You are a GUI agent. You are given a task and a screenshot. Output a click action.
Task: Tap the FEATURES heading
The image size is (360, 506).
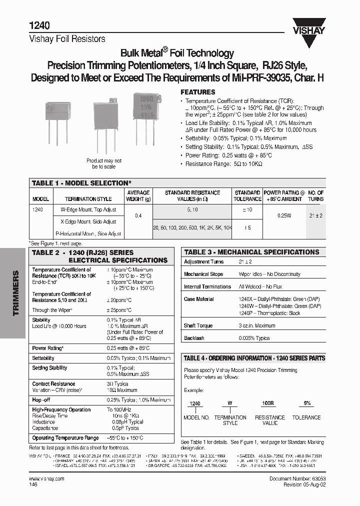coord(197,92)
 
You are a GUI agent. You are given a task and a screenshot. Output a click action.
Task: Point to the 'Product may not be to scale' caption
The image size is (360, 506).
coord(103,163)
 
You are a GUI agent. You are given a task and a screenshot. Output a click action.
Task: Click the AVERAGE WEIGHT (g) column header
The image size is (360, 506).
coord(138,195)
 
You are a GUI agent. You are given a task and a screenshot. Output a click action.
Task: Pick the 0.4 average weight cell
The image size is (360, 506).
coord(138,215)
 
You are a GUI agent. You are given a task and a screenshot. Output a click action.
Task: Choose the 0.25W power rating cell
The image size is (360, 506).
coord(284,215)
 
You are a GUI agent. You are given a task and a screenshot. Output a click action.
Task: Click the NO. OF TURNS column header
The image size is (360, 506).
coord(315,195)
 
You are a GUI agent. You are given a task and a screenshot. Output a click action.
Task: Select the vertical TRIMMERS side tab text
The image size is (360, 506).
coord(15,293)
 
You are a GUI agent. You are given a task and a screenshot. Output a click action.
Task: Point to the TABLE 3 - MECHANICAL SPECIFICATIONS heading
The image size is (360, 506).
coord(251,252)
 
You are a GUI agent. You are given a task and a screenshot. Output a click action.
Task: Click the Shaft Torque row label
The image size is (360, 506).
coord(198,325)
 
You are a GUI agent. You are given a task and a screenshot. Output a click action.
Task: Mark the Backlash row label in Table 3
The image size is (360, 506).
coord(194,338)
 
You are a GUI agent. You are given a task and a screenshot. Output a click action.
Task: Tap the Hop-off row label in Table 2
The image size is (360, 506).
coord(41,400)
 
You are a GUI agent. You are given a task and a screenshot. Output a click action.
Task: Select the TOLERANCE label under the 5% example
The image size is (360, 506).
coord(306,417)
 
